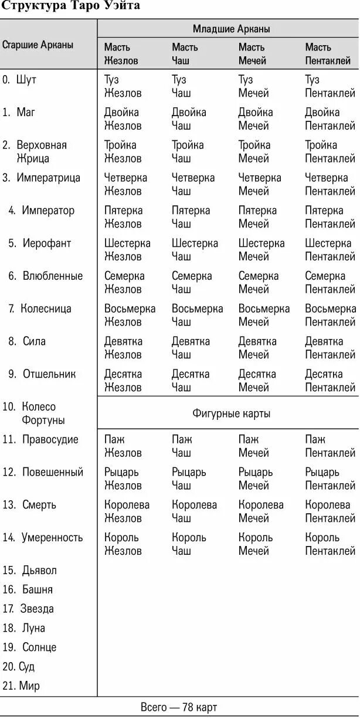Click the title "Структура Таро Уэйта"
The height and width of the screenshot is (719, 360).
[x=71, y=6]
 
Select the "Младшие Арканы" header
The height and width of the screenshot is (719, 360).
[x=231, y=29]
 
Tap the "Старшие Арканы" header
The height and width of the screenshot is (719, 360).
[x=38, y=45]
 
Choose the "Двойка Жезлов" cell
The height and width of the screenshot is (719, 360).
[x=123, y=119]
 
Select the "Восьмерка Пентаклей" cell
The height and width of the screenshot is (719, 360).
[x=330, y=315]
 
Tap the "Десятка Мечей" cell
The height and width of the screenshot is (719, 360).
[x=257, y=381]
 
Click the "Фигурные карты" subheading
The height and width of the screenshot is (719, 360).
[x=231, y=413]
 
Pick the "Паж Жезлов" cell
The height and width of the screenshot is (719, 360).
[x=123, y=446]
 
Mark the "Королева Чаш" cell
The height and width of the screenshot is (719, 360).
[x=194, y=511]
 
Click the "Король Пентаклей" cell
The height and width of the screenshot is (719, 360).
[x=330, y=544]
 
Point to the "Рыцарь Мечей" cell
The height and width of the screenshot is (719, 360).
[x=255, y=479]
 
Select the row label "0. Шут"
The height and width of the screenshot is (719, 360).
[x=20, y=80]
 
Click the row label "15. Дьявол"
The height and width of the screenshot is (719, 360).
[x=30, y=570]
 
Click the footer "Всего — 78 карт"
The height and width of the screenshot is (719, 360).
[x=179, y=707]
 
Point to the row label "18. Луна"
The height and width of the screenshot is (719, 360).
[x=24, y=628]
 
